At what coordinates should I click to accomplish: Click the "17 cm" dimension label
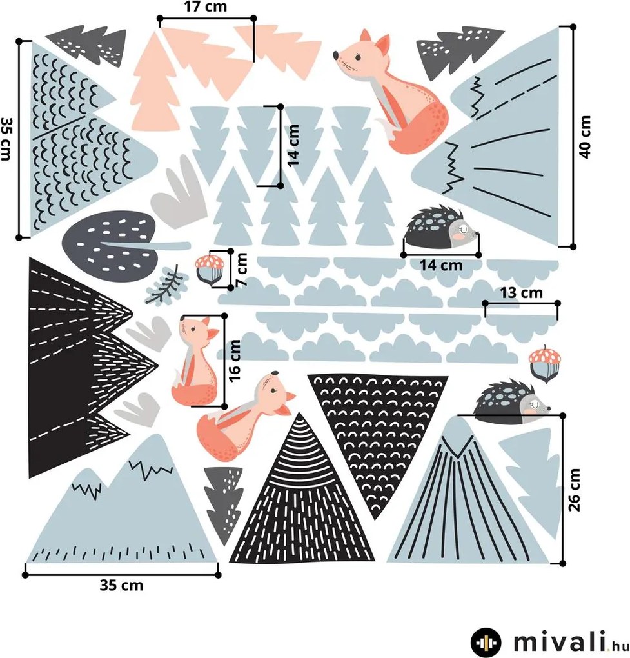click(x=206, y=7)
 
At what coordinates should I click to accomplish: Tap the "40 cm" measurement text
click(x=585, y=137)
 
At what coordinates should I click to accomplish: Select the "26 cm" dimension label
click(x=574, y=490)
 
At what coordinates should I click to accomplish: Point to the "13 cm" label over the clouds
click(x=522, y=292)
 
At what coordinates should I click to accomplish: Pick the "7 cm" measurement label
click(x=242, y=270)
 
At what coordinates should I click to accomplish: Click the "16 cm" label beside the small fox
click(x=235, y=360)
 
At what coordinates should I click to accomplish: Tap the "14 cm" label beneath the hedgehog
click(x=441, y=265)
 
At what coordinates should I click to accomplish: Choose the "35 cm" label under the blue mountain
click(x=122, y=585)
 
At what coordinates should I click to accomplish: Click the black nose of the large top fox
click(x=336, y=55)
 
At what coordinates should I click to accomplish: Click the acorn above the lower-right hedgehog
click(x=545, y=364)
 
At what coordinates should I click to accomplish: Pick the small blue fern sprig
click(x=165, y=285)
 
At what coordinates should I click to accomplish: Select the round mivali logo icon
click(x=486, y=642)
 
